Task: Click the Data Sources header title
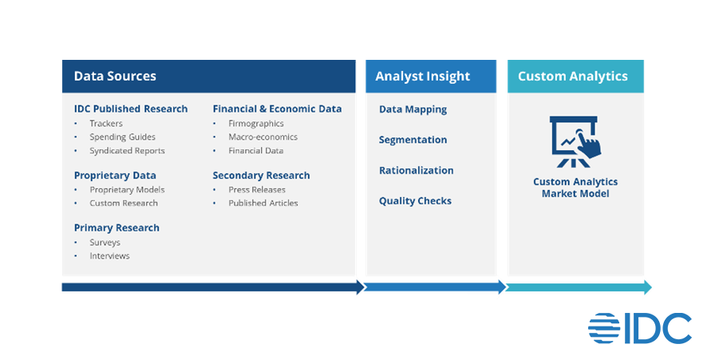(x=115, y=76)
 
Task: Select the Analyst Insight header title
(x=422, y=77)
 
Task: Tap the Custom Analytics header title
(x=573, y=77)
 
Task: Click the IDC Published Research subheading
(x=131, y=109)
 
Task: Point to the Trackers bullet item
(x=106, y=124)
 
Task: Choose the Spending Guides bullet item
(x=122, y=136)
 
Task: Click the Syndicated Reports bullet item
(x=127, y=151)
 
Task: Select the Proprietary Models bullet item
(x=127, y=190)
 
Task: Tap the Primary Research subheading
(x=117, y=228)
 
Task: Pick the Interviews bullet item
(x=109, y=256)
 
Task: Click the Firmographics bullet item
(x=256, y=124)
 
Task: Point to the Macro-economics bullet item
(x=263, y=136)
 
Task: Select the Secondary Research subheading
(x=261, y=176)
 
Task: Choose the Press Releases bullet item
(x=257, y=190)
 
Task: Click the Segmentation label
(x=413, y=140)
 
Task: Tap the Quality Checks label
(x=416, y=201)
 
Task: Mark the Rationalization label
(x=417, y=171)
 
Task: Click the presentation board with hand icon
(x=575, y=142)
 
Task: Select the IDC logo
(x=640, y=328)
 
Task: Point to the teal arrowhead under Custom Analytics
(x=647, y=287)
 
